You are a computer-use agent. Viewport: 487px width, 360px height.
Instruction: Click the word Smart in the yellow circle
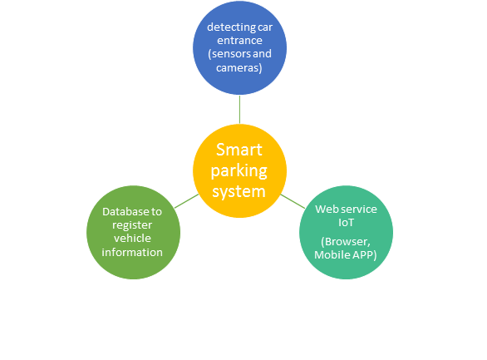click(x=239, y=150)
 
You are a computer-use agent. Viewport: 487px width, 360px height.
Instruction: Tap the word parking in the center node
click(x=239, y=171)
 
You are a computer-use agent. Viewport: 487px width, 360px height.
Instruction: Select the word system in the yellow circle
click(x=239, y=192)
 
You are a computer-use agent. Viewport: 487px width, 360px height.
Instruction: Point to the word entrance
click(x=239, y=41)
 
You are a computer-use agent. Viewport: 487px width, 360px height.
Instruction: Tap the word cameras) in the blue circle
click(x=239, y=67)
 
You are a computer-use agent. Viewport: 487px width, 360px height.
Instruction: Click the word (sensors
click(x=229, y=54)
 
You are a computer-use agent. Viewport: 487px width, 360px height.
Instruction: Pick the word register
click(x=132, y=225)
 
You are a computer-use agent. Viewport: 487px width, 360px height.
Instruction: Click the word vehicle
click(x=132, y=239)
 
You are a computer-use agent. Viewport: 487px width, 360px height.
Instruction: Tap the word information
click(x=132, y=252)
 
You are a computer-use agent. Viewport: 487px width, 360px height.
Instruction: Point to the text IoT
click(x=346, y=222)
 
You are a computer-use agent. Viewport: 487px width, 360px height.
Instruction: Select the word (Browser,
click(x=346, y=242)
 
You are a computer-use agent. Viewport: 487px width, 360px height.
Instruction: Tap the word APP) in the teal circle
click(x=365, y=255)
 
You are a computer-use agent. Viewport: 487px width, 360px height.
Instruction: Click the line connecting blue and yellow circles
click(x=239, y=110)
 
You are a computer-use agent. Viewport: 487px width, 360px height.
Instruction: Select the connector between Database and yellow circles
click(x=187, y=201)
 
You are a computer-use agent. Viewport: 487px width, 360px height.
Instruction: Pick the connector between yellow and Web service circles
click(x=293, y=201)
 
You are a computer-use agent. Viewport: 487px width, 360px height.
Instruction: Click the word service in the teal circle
click(x=357, y=209)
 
